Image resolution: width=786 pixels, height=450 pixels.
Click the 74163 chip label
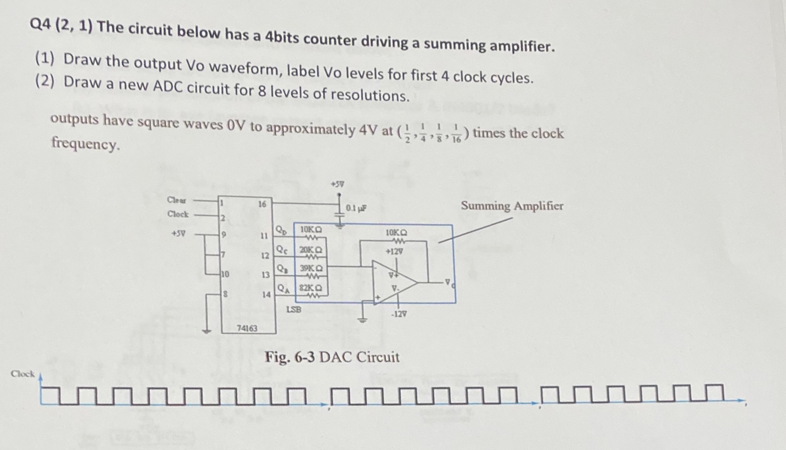(247, 328)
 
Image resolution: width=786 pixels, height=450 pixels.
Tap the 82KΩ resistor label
(311, 288)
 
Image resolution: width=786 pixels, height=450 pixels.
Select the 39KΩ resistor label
(311, 268)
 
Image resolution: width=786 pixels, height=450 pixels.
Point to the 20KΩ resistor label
(311, 250)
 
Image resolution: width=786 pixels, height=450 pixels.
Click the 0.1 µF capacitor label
(356, 208)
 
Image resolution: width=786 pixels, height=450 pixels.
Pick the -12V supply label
(399, 314)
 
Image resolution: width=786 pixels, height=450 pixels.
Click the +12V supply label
(394, 251)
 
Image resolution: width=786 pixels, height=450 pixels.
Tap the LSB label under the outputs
(294, 309)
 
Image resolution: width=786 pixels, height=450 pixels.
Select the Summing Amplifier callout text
(511, 206)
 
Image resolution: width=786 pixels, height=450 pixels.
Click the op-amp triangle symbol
(392, 282)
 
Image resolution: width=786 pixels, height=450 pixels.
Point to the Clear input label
(177, 200)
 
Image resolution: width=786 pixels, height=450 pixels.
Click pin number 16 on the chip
(262, 204)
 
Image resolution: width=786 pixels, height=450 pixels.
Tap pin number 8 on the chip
(224, 294)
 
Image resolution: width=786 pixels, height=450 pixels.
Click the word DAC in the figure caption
(335, 357)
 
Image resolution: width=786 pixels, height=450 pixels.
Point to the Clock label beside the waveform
(23, 374)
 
